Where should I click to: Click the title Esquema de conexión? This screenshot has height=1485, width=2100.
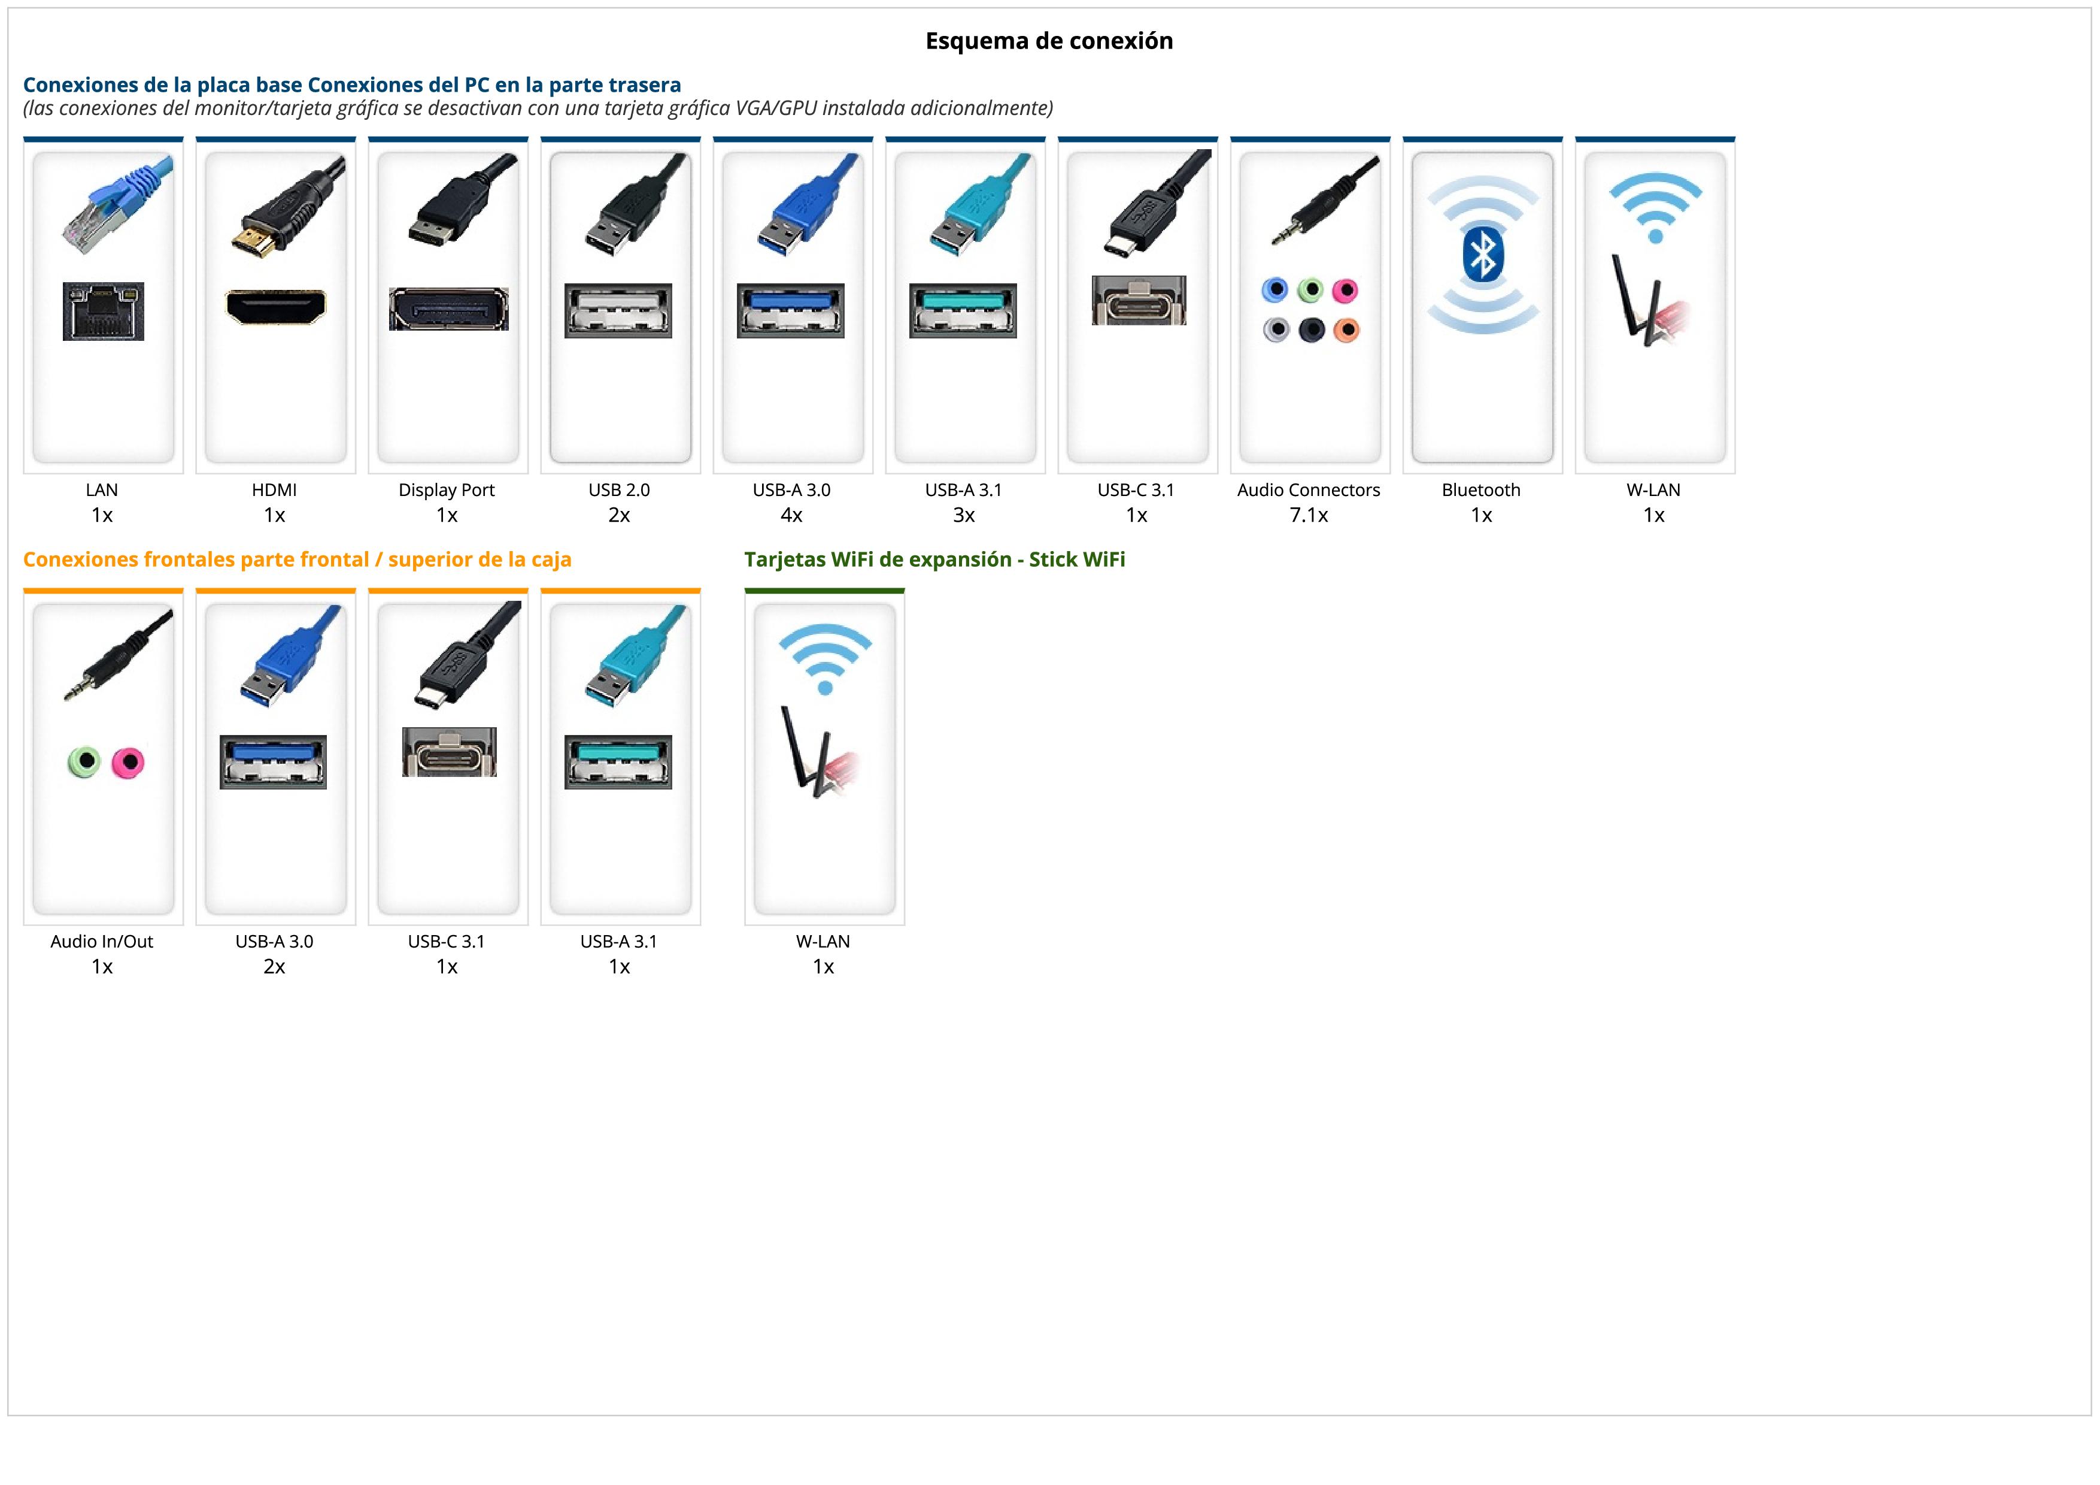pos(1049,41)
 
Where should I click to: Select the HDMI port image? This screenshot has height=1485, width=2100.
pos(275,307)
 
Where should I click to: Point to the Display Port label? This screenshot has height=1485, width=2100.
pos(447,491)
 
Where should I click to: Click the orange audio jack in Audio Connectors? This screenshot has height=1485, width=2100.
pos(1346,329)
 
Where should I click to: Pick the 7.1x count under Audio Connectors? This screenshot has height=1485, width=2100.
pos(1309,515)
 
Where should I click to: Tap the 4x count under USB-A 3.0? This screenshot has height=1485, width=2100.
pos(791,515)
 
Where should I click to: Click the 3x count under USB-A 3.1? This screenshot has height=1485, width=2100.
pos(964,515)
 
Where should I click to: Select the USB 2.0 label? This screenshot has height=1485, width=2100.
pos(619,491)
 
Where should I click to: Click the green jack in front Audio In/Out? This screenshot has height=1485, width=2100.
pos(84,761)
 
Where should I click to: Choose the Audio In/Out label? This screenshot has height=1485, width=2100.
pos(102,942)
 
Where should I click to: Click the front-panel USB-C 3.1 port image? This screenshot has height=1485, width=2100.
pos(449,752)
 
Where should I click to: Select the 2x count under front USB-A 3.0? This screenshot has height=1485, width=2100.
pos(274,967)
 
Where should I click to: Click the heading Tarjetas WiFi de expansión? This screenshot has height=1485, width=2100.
pos(934,560)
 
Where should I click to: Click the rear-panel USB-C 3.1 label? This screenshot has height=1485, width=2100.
pos(1136,491)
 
